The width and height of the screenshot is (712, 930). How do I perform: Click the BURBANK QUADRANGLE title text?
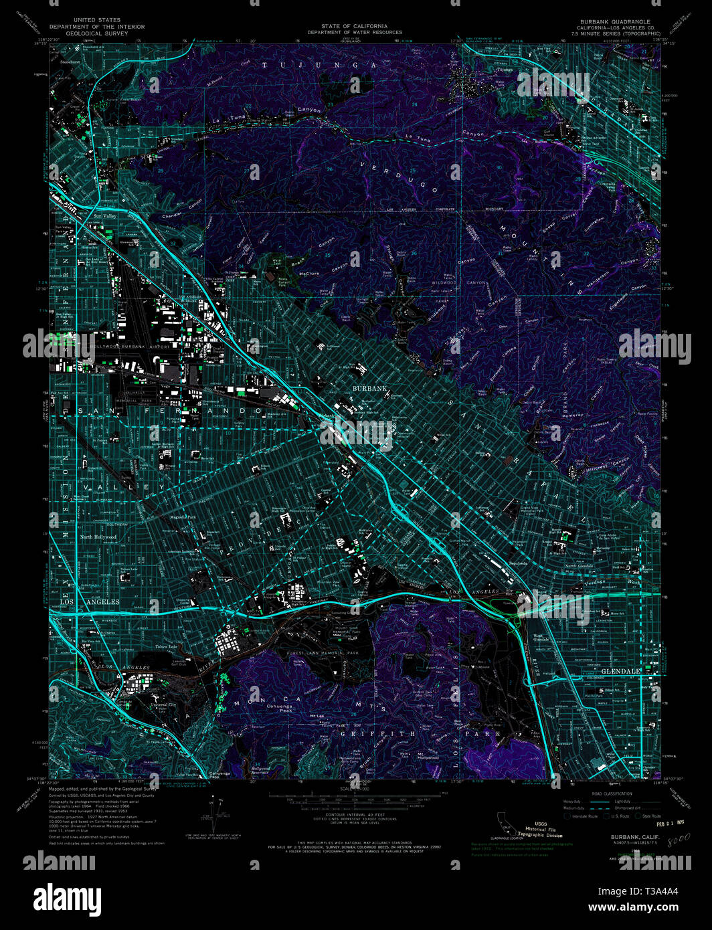pyautogui.click(x=615, y=21)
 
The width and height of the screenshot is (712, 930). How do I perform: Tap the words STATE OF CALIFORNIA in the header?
pyautogui.click(x=354, y=26)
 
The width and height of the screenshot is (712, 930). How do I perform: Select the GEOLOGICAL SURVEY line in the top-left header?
pyautogui.click(x=97, y=33)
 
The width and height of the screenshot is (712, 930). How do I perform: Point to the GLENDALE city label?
pyautogui.click(x=621, y=670)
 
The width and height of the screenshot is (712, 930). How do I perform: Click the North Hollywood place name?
pyautogui.click(x=98, y=537)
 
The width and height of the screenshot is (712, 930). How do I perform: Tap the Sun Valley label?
pyautogui.click(x=105, y=216)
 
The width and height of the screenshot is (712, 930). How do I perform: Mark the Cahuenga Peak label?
pyautogui.click(x=280, y=706)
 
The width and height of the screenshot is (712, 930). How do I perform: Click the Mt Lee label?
pyautogui.click(x=317, y=716)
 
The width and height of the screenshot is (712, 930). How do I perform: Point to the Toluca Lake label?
pyautogui.click(x=166, y=646)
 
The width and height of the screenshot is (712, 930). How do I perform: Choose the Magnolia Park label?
pyautogui.click(x=182, y=517)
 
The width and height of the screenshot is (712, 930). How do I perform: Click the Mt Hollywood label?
pyautogui.click(x=428, y=756)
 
